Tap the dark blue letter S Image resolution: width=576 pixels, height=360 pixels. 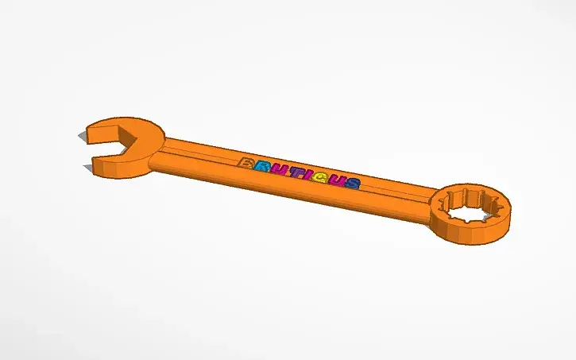coord(351,184)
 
